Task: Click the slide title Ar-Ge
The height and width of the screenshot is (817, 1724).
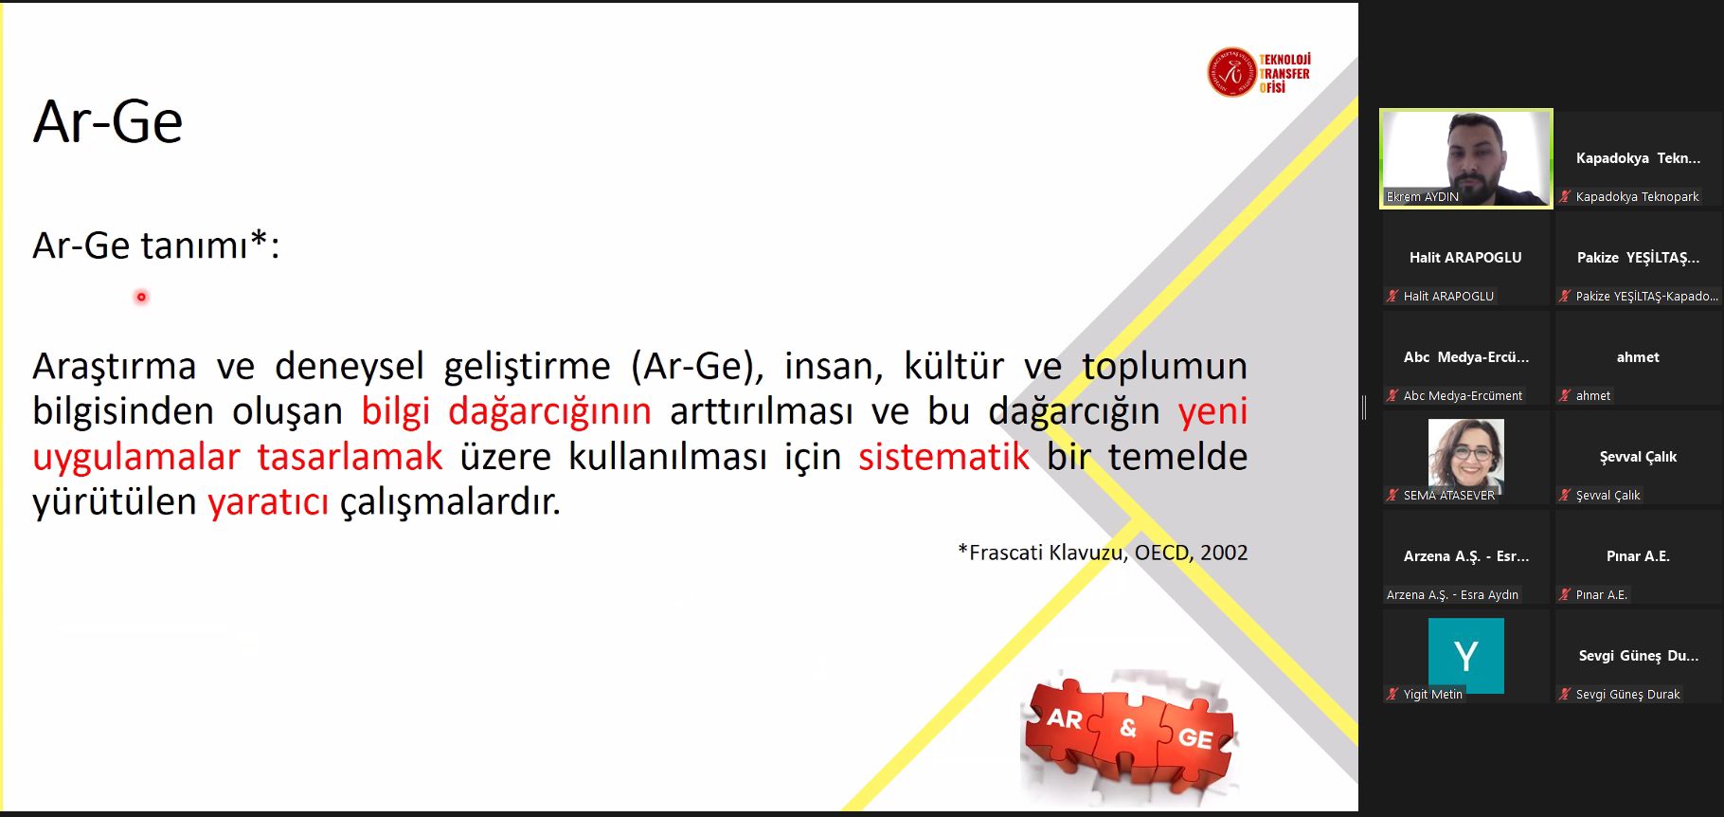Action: coord(108,122)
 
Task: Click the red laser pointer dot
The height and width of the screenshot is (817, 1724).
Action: coord(141,297)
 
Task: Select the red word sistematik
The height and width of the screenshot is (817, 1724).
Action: coord(943,456)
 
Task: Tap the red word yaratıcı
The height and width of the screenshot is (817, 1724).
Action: coord(268,501)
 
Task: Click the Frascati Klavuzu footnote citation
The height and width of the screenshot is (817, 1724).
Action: coord(1103,553)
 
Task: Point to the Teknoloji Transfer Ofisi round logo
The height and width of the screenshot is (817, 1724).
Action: coord(1230,72)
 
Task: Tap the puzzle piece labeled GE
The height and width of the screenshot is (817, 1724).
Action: coord(1194,738)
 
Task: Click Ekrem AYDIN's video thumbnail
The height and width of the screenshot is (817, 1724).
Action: coord(1466,158)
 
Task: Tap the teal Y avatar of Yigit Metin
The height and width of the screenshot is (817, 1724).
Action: coord(1465,656)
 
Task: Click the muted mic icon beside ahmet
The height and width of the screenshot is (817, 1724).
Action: coord(1565,395)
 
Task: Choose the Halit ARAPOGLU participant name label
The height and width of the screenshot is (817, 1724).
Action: coord(1448,296)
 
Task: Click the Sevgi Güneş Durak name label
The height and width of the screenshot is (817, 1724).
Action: coord(1627,694)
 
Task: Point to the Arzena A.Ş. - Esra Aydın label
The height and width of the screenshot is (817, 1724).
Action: coord(1452,594)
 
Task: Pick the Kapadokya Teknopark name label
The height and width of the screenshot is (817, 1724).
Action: coord(1637,196)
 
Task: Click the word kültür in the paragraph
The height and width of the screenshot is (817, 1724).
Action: coord(954,366)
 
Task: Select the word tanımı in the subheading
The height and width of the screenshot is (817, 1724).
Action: coord(194,245)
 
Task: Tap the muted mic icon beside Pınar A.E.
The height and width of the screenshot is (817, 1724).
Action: coord(1565,594)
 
